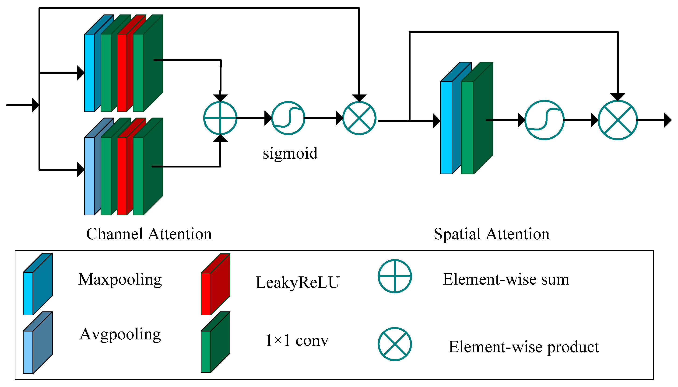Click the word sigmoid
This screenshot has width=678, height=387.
pos(290,154)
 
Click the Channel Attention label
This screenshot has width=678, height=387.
pos(149,234)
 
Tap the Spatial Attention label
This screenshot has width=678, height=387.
pos(491,234)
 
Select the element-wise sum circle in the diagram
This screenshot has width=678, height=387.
pos(220,118)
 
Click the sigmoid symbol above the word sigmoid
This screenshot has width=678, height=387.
pos(288,118)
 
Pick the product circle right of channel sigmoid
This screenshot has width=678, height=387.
pos(359,118)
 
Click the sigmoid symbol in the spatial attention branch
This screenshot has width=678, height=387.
pos(544,120)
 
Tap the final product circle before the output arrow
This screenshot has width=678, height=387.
pos(617,120)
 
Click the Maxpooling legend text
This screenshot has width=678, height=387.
pos(120,280)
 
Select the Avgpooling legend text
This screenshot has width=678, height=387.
pos(120,334)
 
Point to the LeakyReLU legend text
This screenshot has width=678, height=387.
pos(297,282)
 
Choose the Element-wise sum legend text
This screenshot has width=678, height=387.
pos(506,279)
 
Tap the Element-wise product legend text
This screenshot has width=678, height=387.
pos(523,347)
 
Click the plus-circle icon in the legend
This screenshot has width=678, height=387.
pos(395,276)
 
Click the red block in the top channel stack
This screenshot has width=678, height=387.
pos(122,72)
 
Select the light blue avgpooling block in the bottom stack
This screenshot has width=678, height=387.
pos(89,176)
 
